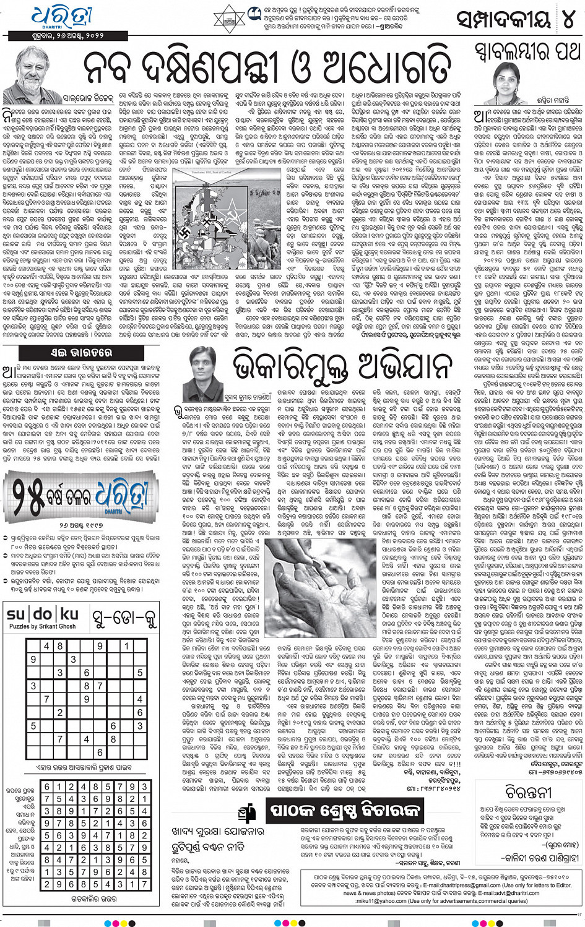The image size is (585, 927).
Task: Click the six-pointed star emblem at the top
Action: coord(231,17)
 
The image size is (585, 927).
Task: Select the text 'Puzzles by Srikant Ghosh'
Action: coord(42,627)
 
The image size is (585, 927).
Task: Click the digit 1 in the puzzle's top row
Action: coord(126,646)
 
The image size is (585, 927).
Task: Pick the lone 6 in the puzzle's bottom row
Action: coord(100,752)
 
